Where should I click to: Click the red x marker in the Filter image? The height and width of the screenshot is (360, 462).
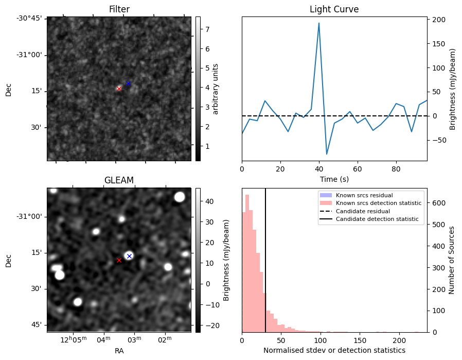point(119,89)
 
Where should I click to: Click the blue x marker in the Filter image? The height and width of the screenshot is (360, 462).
point(128,83)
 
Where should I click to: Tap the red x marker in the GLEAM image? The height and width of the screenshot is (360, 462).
point(119,261)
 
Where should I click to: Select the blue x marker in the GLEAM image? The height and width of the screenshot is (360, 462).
point(129,256)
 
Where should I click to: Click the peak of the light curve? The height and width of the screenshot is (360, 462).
point(319,23)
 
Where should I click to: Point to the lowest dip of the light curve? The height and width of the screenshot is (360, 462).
point(327,154)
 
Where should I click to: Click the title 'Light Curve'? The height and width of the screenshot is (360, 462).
point(334,9)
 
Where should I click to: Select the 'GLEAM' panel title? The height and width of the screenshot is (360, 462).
point(119,180)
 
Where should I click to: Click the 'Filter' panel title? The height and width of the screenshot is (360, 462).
point(119,9)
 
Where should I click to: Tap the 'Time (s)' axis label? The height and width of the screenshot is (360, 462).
point(334,179)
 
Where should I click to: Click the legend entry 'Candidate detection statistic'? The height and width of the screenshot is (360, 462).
point(378,219)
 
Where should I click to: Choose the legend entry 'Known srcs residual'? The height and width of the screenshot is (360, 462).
point(364,195)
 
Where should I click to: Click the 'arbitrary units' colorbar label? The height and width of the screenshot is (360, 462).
point(216,89)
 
